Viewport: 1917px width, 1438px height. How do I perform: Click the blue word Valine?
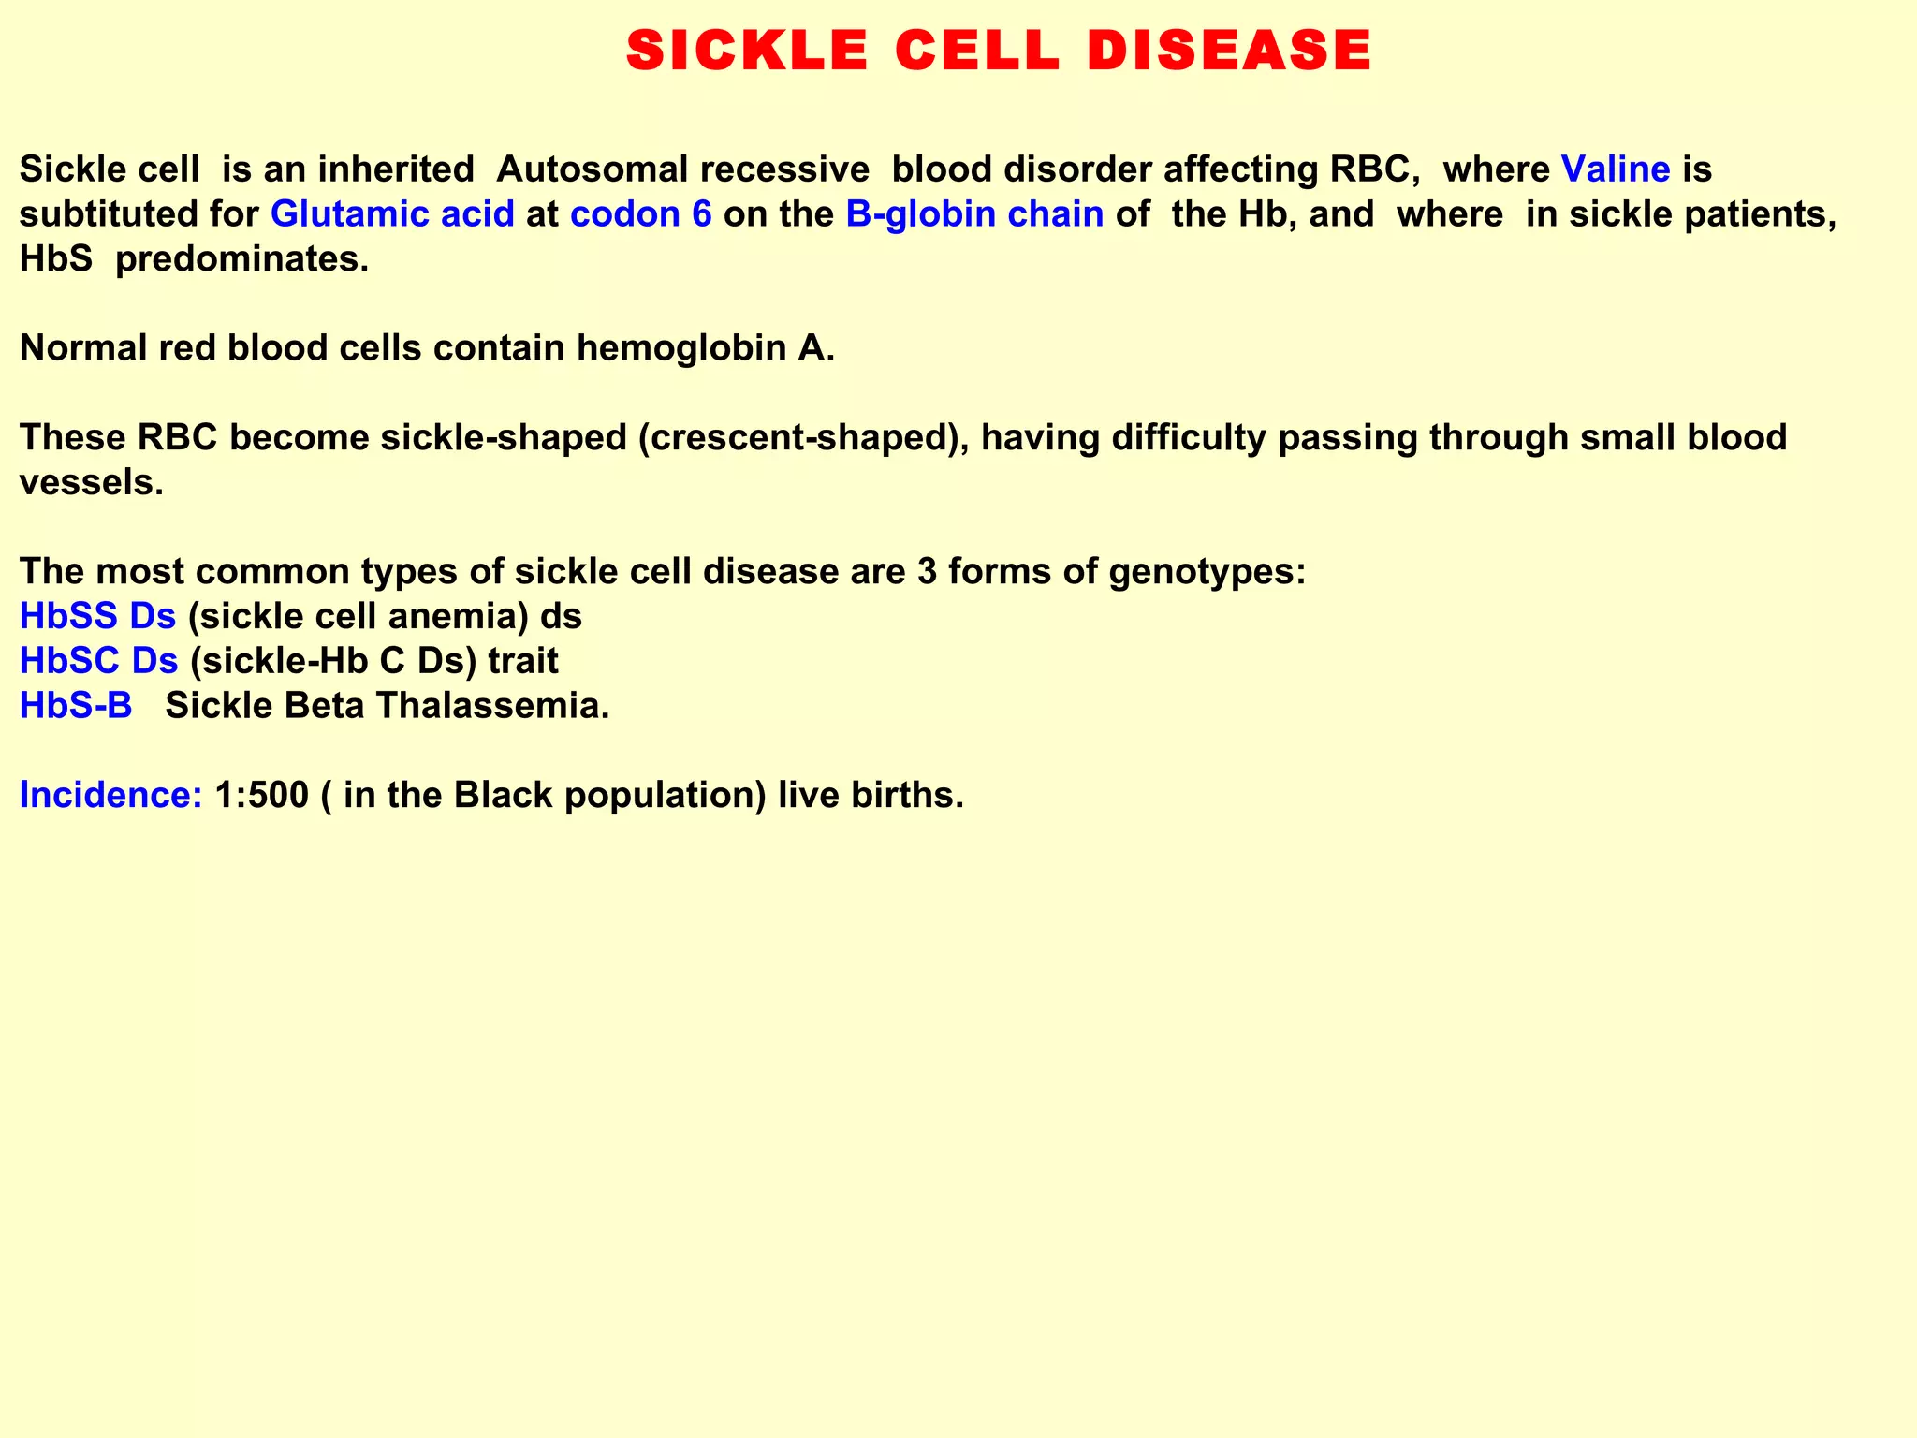coord(1617,169)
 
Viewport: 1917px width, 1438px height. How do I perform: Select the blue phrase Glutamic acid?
coord(392,214)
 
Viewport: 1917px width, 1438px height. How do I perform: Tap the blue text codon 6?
coord(641,214)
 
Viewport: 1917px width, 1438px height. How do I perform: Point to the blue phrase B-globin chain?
coord(974,214)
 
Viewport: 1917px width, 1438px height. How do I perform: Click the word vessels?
coord(91,482)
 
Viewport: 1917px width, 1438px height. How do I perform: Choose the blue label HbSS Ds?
coord(97,616)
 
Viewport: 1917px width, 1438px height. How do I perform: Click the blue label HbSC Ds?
coord(98,661)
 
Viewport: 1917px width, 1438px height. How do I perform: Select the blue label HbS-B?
coord(76,706)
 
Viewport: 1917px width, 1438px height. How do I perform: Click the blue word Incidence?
coord(110,795)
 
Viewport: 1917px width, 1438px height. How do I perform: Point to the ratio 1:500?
coord(261,795)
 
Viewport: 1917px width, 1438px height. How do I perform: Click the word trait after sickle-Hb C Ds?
coord(523,661)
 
